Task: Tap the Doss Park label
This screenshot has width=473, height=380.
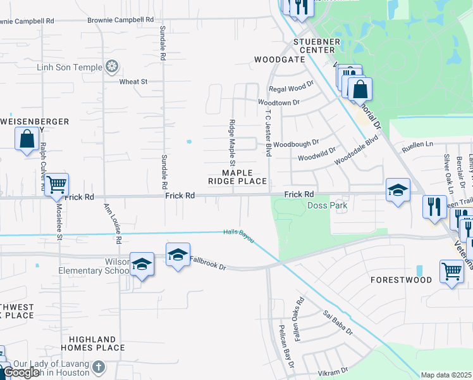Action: pos(327,206)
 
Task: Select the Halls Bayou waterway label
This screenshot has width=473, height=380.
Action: pos(238,235)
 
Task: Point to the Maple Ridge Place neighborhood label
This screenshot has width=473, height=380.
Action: pos(238,177)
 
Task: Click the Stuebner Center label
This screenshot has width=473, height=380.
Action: pos(314,46)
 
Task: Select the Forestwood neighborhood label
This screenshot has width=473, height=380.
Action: pos(401,279)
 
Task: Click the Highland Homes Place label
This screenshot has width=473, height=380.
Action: pos(93,343)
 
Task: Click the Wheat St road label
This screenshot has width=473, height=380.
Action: pos(133,82)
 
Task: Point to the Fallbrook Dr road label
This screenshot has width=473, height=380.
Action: pos(207,262)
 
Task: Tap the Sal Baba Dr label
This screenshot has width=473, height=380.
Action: pos(338,322)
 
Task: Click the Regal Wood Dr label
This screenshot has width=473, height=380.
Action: pos(292,89)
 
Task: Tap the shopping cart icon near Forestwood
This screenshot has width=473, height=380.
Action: pos(451,271)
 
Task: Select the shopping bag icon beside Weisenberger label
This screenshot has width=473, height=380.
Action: pos(27,139)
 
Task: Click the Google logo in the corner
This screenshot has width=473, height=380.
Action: pos(21,372)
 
